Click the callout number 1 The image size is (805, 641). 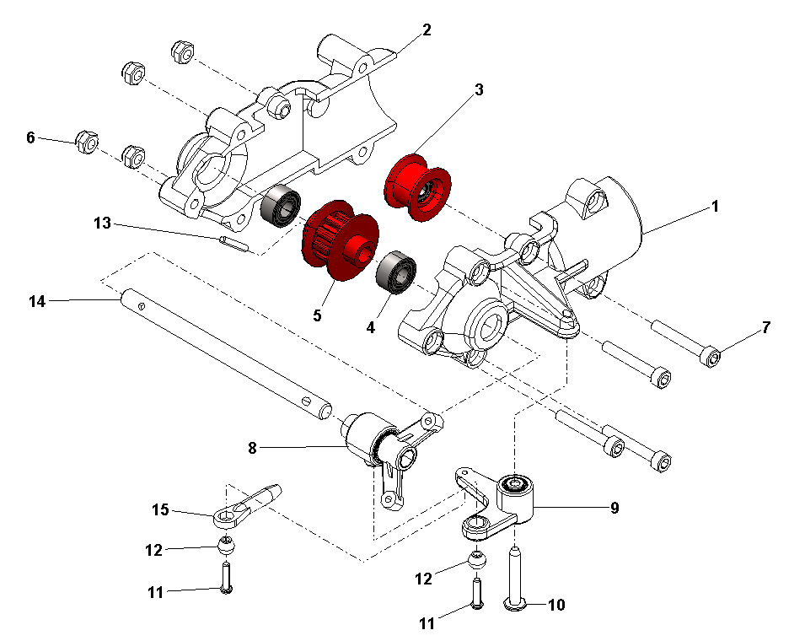[x=715, y=206]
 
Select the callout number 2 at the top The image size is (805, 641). [x=427, y=30]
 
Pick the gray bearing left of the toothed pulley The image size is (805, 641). [x=279, y=205]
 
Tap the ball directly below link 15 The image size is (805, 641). [x=226, y=545]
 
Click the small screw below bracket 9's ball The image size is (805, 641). [x=476, y=593]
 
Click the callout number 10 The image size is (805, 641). [x=557, y=605]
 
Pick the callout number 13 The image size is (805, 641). [x=102, y=224]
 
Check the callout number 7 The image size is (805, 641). [x=765, y=327]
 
